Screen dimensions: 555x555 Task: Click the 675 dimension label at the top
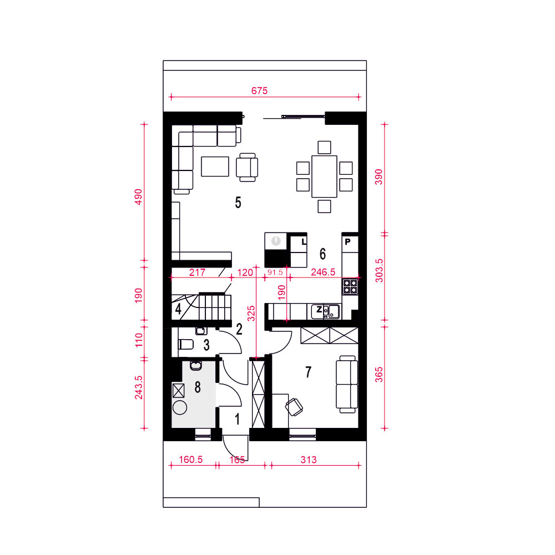click(259, 90)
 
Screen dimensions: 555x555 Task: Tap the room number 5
click(238, 203)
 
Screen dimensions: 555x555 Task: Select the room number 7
click(308, 372)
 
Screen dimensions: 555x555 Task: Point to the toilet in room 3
click(186, 344)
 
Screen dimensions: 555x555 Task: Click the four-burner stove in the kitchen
click(350, 286)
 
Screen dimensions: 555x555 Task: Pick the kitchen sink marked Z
click(325, 311)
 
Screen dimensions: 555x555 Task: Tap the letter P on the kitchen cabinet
click(347, 241)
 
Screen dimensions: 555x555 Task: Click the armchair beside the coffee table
click(247, 167)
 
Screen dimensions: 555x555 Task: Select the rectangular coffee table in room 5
click(215, 167)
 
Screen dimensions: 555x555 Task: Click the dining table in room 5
click(324, 176)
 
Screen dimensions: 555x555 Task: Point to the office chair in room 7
click(294, 407)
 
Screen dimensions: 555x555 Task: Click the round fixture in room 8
click(180, 407)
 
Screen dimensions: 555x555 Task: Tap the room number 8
click(198, 387)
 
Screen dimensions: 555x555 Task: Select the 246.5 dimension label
click(323, 272)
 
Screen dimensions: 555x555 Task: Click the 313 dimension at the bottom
click(308, 460)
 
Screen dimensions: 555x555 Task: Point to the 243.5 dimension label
click(138, 387)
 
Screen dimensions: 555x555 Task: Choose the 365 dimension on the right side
click(379, 375)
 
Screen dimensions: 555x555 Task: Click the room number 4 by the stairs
click(178, 309)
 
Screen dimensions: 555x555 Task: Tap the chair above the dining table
click(324, 147)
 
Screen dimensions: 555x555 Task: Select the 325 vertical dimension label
click(251, 313)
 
